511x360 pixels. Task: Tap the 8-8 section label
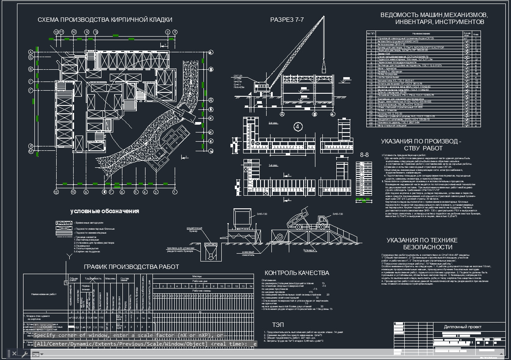pos(364,155)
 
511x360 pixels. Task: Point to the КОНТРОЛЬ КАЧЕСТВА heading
pos(297,273)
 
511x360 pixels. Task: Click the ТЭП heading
pos(278,325)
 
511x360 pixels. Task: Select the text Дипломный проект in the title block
pos(463,326)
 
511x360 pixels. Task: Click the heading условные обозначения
pos(105,211)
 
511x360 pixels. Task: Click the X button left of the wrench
pos(14,353)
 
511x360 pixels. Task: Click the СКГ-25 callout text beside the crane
pos(238,75)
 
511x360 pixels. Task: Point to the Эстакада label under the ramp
pos(308,250)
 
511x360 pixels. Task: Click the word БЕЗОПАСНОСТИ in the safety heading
pos(422,247)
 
